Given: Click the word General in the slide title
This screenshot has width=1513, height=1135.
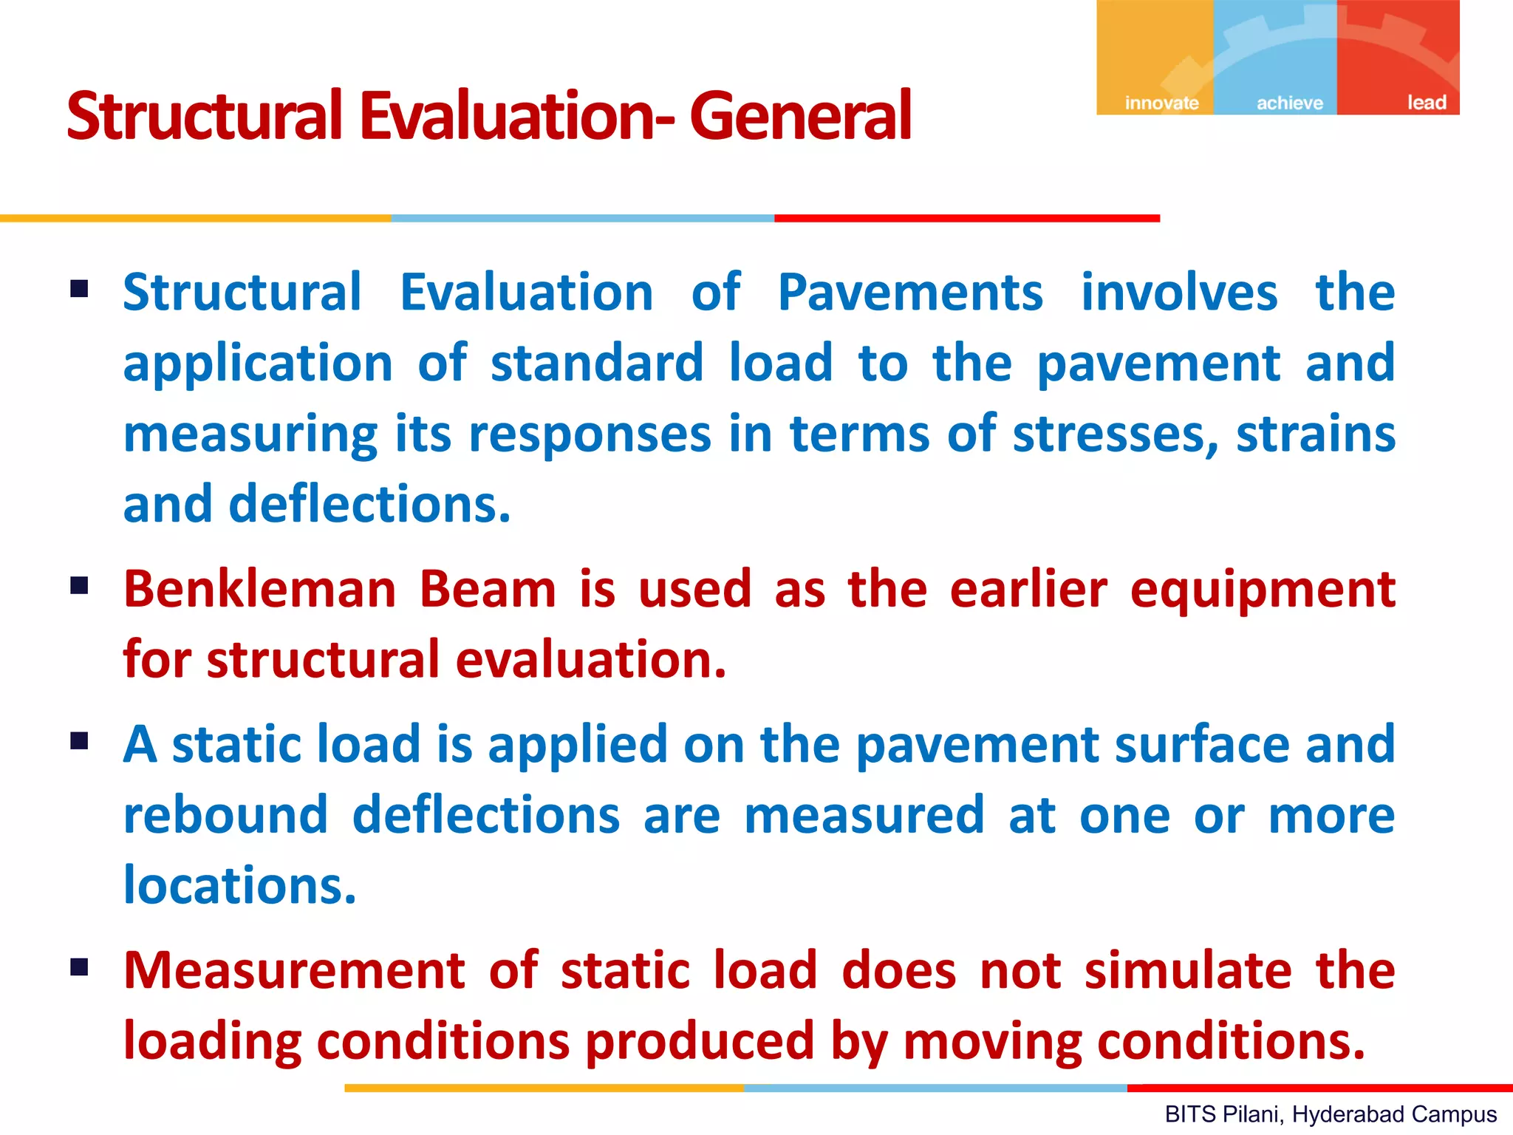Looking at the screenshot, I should pyautogui.click(x=801, y=116).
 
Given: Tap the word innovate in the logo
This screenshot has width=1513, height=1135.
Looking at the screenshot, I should pyautogui.click(x=1161, y=103).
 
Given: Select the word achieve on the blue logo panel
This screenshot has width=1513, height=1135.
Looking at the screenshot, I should pyautogui.click(x=1290, y=103).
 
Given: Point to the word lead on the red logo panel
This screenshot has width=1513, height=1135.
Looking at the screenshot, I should pyautogui.click(x=1427, y=103).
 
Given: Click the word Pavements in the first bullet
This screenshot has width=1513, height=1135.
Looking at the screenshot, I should pyautogui.click(x=910, y=293).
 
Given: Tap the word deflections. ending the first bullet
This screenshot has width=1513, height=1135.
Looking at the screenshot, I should pyautogui.click(x=369, y=504).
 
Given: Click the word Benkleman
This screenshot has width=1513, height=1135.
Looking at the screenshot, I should pyautogui.click(x=260, y=590).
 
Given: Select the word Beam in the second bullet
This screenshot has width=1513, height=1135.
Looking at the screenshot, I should pyautogui.click(x=488, y=590).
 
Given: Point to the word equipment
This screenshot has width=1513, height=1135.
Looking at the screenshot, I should pyautogui.click(x=1263, y=591).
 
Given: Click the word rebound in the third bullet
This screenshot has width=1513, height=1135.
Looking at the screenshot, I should pyautogui.click(x=225, y=815).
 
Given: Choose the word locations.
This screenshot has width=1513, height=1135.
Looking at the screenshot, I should pyautogui.click(x=240, y=886).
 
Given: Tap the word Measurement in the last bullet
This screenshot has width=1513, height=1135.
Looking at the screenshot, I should pyautogui.click(x=294, y=970).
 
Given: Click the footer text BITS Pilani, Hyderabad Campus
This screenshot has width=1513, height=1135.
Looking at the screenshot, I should pyautogui.click(x=1331, y=1114).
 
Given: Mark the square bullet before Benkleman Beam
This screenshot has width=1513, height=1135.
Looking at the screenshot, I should pyautogui.click(x=80, y=586).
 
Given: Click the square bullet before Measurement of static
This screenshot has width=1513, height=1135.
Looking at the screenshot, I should pyautogui.click(x=80, y=967).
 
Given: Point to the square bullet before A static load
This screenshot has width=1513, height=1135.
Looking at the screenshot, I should pyautogui.click(x=80, y=740).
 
